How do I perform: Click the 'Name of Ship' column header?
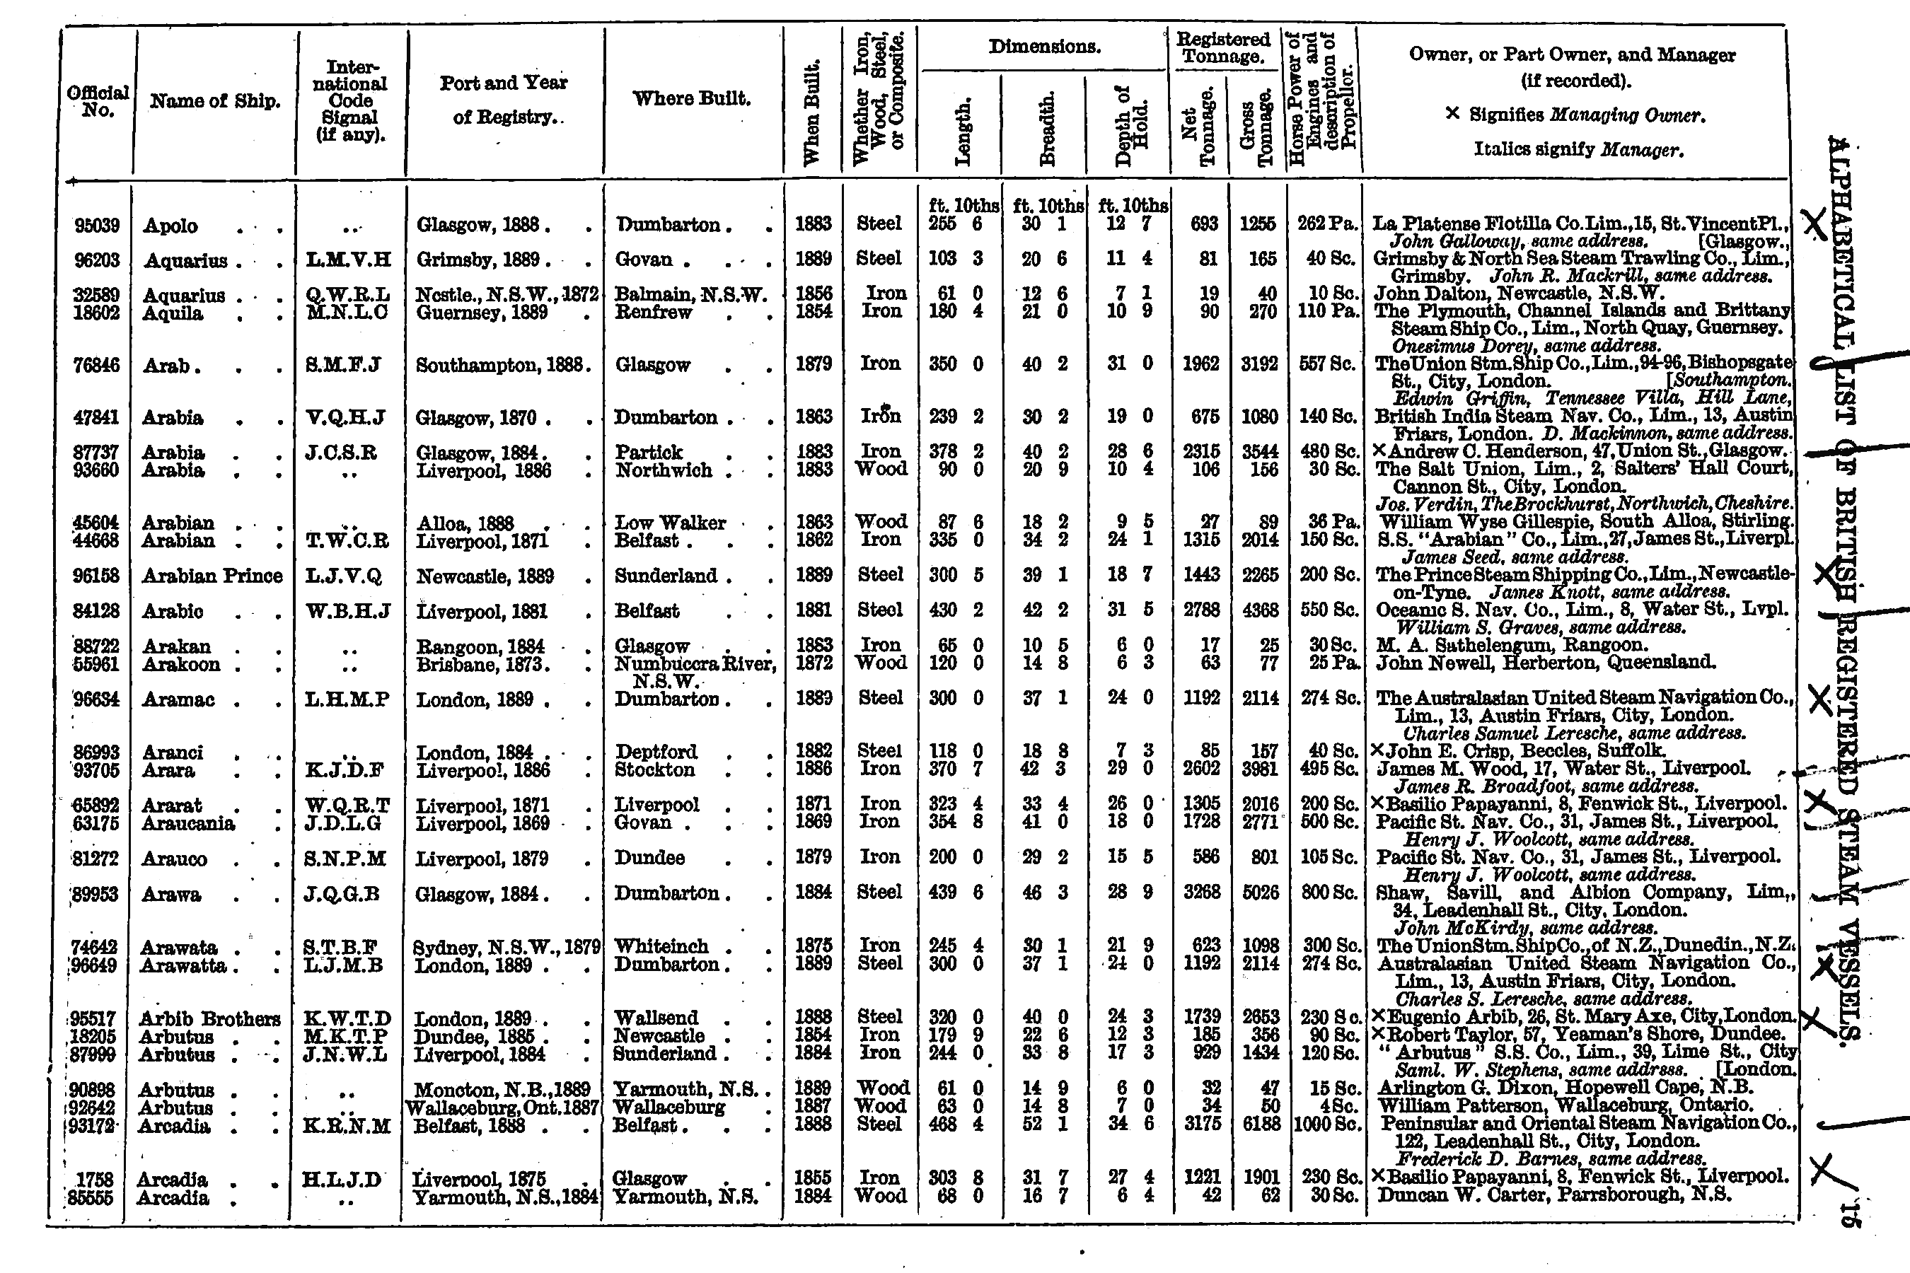point(214,101)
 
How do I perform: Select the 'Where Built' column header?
point(691,99)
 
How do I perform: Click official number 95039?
point(97,225)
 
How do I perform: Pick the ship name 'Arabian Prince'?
point(212,576)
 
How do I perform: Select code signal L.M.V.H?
point(348,260)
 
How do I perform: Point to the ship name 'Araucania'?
point(188,823)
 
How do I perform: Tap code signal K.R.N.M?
point(348,1126)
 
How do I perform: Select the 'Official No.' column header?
point(98,101)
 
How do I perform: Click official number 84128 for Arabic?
point(97,611)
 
